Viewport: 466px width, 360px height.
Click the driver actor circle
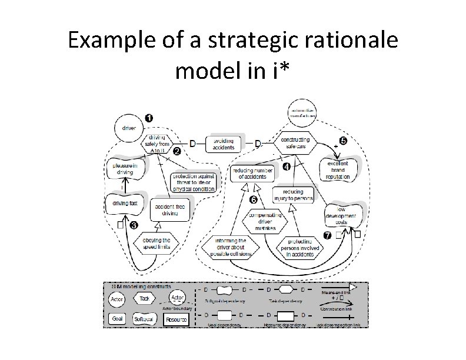128,127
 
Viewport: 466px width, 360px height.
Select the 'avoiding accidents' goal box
224,143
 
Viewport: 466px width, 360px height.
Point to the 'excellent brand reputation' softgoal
338,169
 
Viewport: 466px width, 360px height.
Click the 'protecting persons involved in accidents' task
304,248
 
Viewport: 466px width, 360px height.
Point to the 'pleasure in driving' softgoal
124,169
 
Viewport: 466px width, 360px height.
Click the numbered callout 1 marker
149,118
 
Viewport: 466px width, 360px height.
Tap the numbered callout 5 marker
343,141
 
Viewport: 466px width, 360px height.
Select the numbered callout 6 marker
254,200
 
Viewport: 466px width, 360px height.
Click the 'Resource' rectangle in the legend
176,319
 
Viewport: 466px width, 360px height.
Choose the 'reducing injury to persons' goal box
293,195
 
